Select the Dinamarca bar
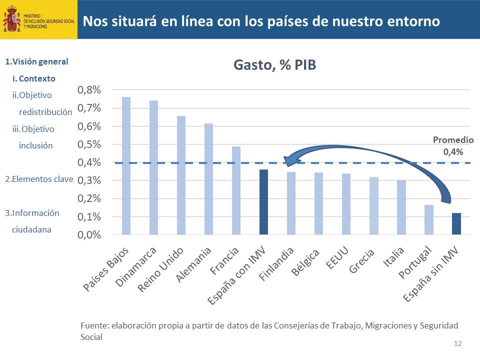[153, 167]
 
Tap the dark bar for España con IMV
[263, 202]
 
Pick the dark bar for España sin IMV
[456, 223]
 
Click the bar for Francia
[236, 190]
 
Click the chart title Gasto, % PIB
[274, 65]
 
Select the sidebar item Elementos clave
[39, 179]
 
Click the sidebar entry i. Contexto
[34, 78]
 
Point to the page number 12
[458, 343]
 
